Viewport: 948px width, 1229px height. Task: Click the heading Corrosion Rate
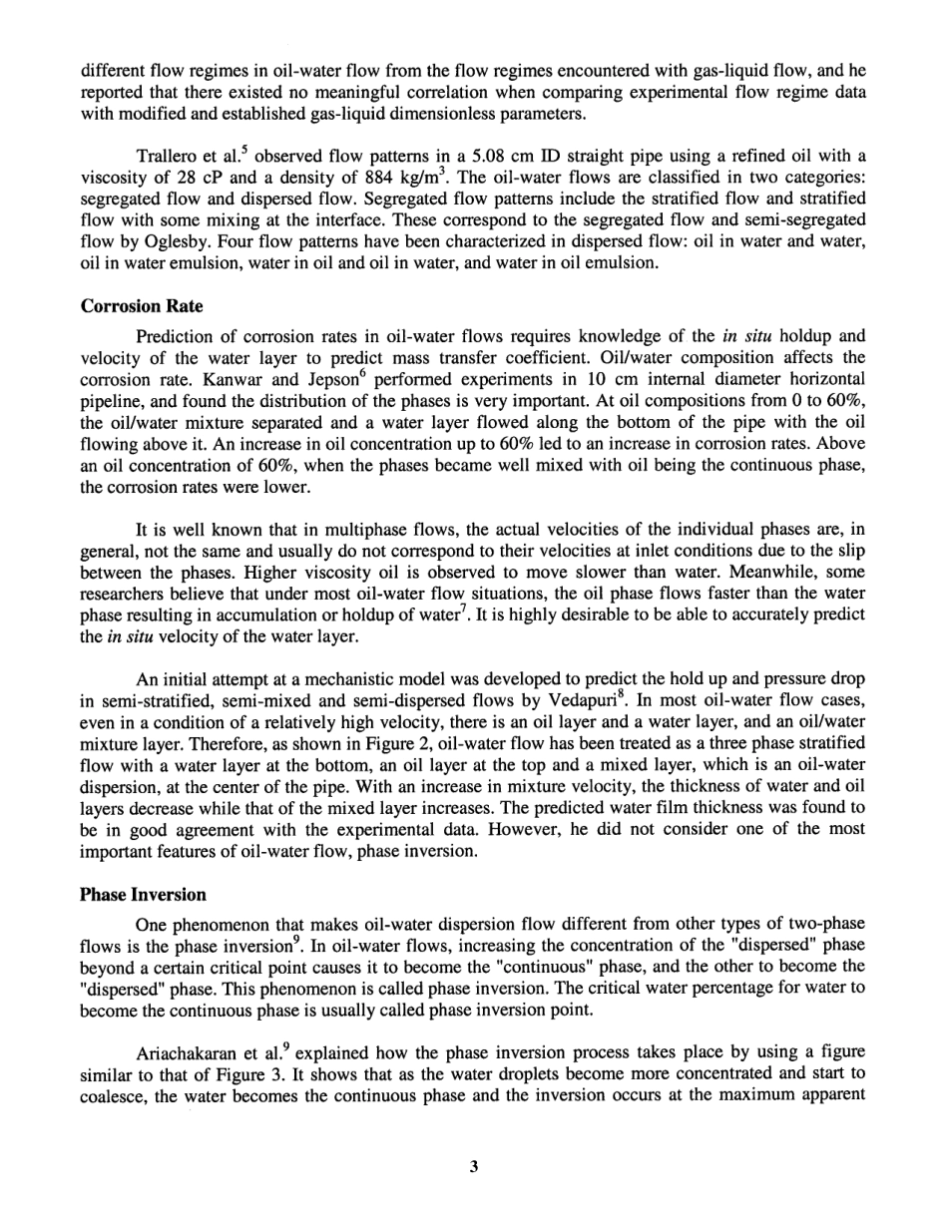[x=141, y=307]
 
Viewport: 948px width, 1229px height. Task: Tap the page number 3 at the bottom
[x=473, y=1166]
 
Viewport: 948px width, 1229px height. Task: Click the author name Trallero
[x=167, y=158]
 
